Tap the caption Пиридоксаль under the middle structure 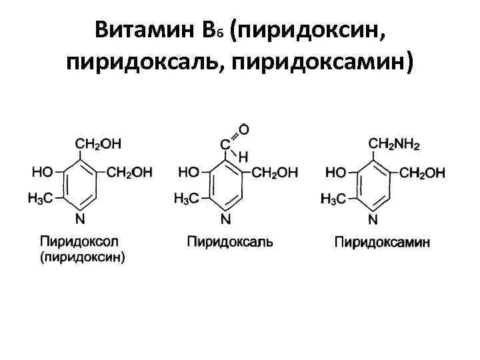tap(230, 241)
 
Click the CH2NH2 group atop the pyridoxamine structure tap(395, 143)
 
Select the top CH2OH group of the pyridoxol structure tap(98, 143)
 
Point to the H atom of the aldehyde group tap(243, 157)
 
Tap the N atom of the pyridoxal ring tap(226, 219)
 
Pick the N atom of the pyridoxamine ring tap(373, 219)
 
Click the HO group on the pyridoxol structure tap(43, 172)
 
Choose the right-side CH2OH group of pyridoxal tap(275, 173)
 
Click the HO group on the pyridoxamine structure tap(336, 173)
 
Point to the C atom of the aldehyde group tap(226, 143)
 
